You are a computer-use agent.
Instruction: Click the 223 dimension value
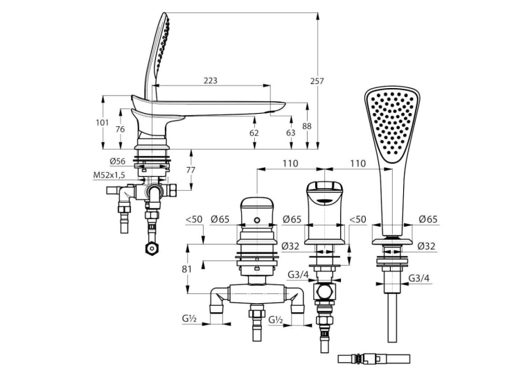pos(210,80)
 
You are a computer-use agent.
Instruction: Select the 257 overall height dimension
pos(317,81)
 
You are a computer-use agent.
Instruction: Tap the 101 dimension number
pos(102,123)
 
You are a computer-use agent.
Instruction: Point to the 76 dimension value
pos(120,129)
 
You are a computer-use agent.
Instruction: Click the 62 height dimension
pos(254,132)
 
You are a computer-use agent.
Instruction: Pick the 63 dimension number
pos(291,132)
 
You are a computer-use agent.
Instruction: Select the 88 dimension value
pos(307,126)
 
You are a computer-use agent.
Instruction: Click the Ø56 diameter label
pos(117,162)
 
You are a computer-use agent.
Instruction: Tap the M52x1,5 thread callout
pos(109,175)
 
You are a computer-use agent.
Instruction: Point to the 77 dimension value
pos(191,170)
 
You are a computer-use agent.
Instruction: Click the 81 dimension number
pos(186,269)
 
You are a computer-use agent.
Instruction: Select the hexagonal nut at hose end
pos(151,249)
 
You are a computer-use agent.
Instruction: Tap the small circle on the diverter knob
pos(258,221)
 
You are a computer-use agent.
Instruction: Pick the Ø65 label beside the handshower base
pos(428,219)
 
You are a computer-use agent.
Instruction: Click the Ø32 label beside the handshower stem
pos(426,246)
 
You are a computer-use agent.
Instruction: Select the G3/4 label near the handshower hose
pos(419,278)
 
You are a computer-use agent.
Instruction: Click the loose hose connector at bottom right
pos(374,359)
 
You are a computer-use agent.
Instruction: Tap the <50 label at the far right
pos(357,219)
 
